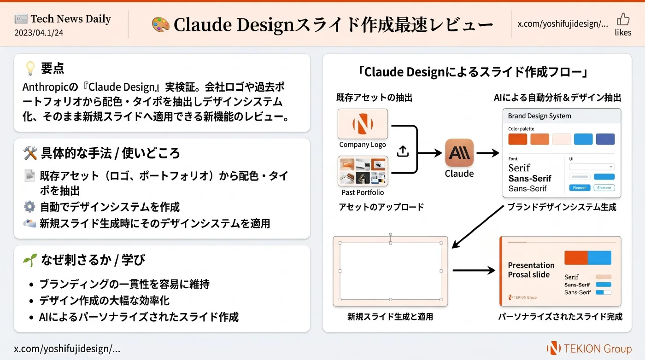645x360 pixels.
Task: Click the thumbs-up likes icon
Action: coord(623,19)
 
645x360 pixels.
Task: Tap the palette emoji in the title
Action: coord(160,24)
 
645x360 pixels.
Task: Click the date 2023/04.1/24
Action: coord(39,33)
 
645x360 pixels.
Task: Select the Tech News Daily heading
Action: coord(70,19)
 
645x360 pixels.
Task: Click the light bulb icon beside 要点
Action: coord(30,68)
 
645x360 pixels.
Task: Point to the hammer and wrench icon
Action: coord(30,153)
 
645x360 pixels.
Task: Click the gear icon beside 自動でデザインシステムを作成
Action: coord(29,207)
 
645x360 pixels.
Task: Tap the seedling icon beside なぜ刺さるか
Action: coord(30,260)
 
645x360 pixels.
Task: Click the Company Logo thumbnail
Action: coord(363,124)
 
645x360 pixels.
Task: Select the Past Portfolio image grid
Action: coord(363,171)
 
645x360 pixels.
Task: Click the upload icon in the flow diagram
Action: coord(403,151)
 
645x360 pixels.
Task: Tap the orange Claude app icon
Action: coord(459,152)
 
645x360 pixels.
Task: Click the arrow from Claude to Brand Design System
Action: coord(488,153)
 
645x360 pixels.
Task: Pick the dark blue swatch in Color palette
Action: coord(605,139)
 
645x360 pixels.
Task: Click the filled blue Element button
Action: coord(580,188)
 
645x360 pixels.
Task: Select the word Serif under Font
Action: coord(519,168)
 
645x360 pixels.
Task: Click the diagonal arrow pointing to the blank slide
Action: coord(478,226)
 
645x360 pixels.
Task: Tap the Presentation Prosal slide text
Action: coord(531,270)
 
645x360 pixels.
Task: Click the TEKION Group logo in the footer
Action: coord(589,348)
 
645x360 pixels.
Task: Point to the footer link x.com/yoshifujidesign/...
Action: coord(67,349)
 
